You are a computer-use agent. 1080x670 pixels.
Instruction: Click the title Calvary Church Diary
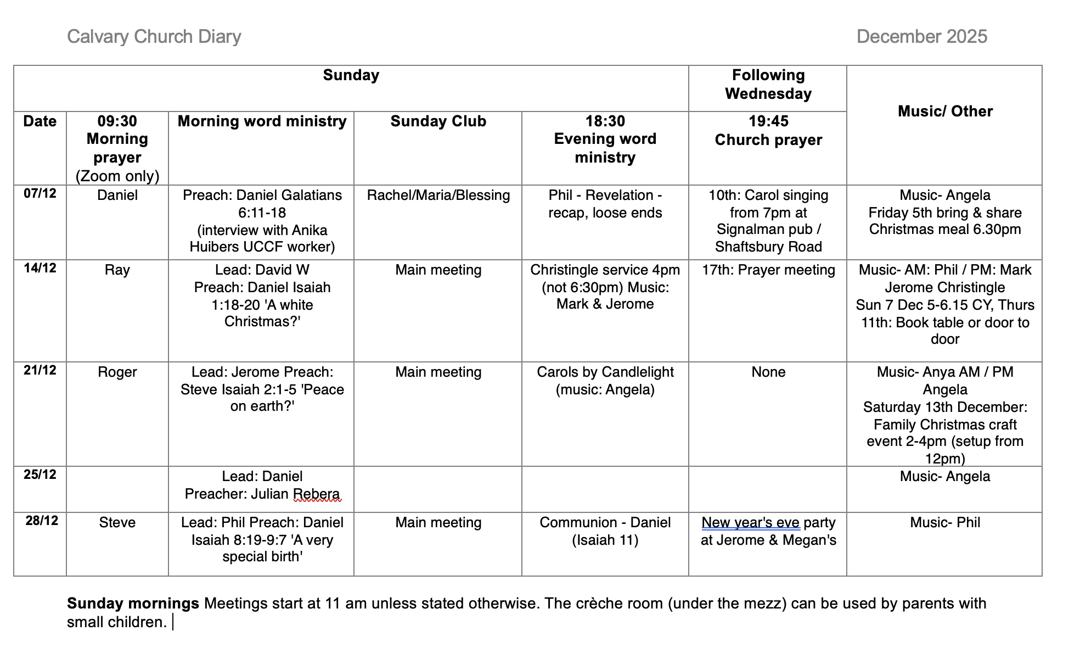[x=154, y=37]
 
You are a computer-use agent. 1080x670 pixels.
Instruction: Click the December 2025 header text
[x=921, y=37]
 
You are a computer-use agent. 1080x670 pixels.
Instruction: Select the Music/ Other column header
[x=944, y=111]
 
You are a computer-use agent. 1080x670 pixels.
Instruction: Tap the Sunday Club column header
[x=438, y=121]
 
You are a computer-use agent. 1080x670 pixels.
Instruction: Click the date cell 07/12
[x=40, y=193]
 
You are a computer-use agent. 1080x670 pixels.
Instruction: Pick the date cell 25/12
[x=40, y=474]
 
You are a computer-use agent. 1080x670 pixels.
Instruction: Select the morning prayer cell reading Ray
[x=117, y=270]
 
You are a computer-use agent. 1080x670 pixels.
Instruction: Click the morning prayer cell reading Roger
[x=117, y=372]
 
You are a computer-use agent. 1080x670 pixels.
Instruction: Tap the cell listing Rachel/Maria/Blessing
[x=438, y=196]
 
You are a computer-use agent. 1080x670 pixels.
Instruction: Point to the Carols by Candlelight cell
[x=605, y=381]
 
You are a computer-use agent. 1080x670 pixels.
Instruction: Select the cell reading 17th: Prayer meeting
[x=768, y=270]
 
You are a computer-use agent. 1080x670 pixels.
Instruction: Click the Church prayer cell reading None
[x=768, y=372]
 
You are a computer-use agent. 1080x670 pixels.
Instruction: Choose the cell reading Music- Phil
[x=944, y=523]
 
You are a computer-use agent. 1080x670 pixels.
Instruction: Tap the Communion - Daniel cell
[x=605, y=523]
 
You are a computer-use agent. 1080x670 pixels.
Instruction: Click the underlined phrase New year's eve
[x=750, y=523]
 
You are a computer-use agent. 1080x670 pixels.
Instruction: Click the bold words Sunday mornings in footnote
[x=133, y=604]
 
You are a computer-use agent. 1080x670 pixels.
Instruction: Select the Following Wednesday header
[x=768, y=85]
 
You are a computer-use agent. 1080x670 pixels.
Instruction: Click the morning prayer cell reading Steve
[x=117, y=523]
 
